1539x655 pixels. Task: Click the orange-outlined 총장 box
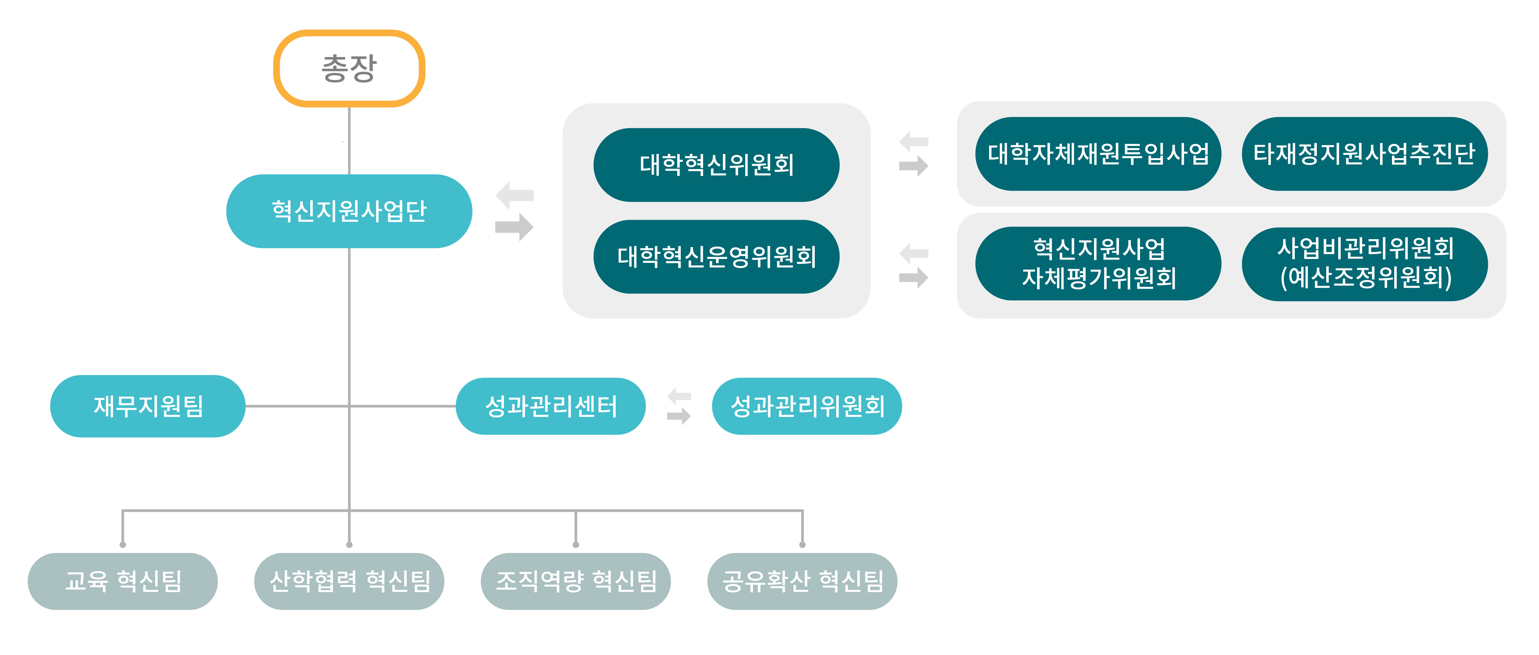click(349, 68)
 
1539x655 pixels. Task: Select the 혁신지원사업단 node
click(349, 211)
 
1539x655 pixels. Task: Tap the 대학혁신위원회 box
click(716, 164)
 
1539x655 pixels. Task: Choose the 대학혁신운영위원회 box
click(716, 256)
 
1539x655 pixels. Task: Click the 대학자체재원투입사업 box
click(1098, 154)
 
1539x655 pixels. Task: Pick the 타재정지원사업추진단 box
click(1364, 154)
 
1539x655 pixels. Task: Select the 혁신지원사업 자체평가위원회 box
click(1098, 263)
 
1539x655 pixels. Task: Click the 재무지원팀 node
click(148, 406)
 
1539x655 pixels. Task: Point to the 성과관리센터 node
click(550, 406)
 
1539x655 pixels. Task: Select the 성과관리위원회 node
click(806, 406)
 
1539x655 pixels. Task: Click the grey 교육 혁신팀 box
click(122, 581)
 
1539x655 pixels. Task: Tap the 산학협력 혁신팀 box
click(349, 581)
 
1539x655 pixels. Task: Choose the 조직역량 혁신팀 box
click(575, 581)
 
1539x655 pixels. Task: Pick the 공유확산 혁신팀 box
click(802, 581)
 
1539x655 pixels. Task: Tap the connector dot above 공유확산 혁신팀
click(802, 544)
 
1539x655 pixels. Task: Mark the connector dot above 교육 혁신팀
click(122, 544)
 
